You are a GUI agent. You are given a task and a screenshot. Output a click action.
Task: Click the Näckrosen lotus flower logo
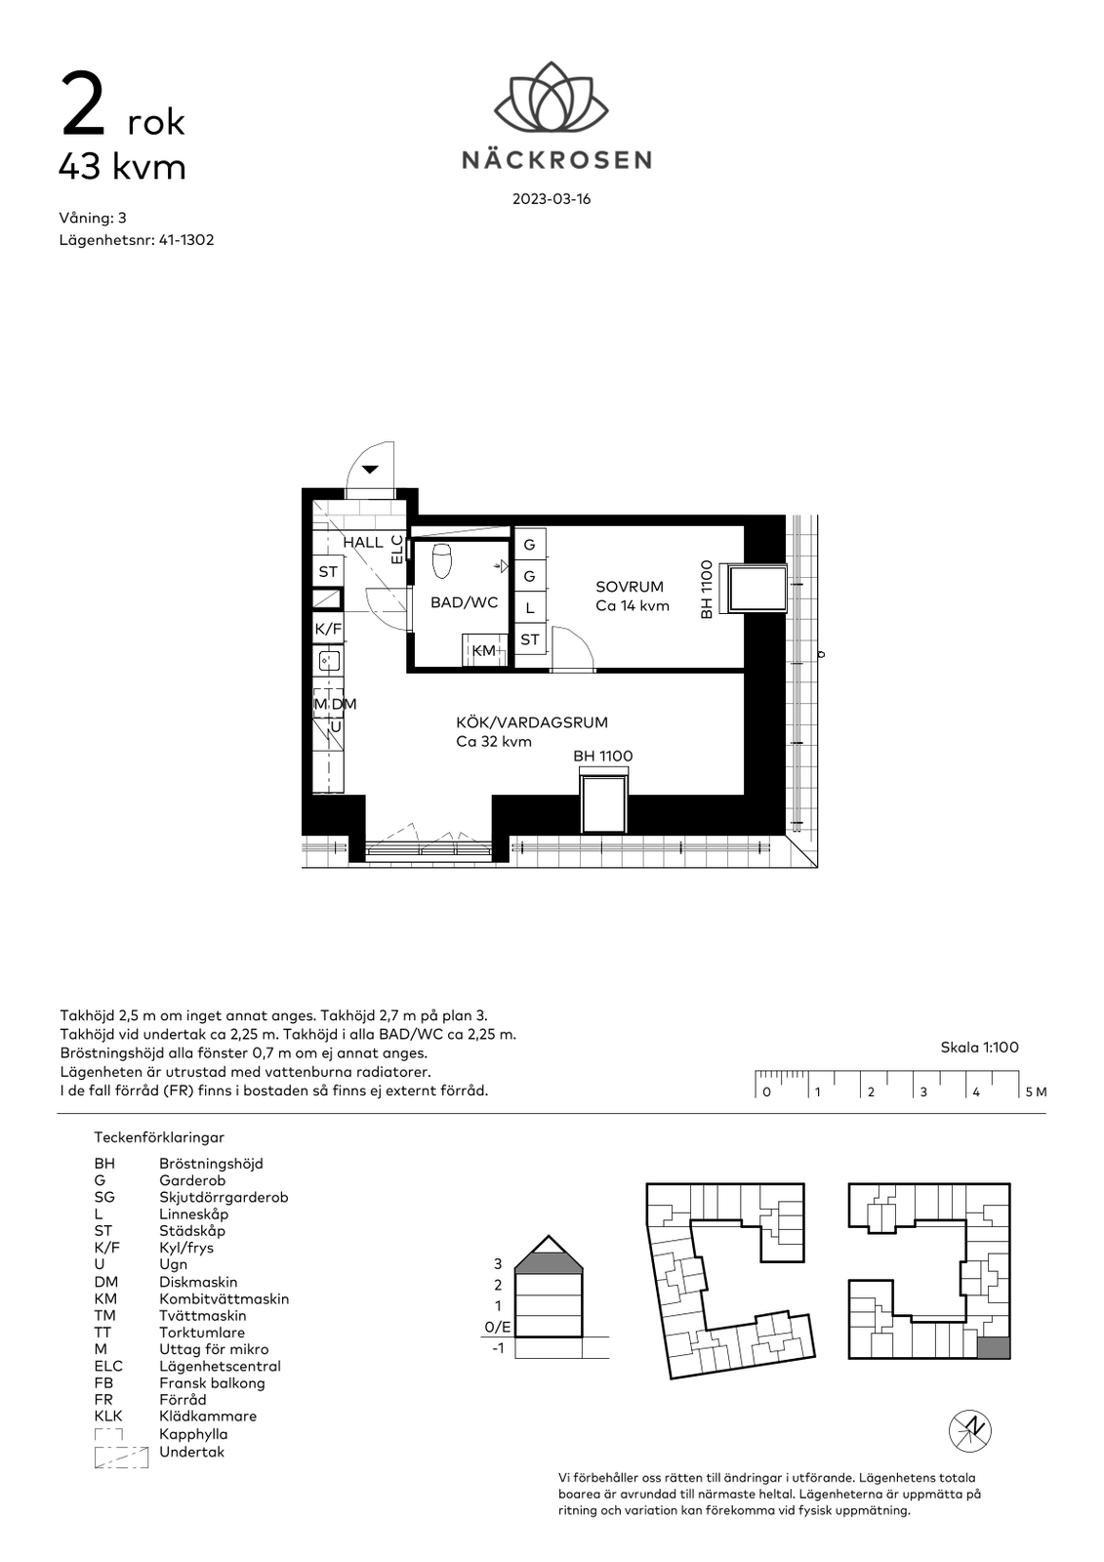click(x=551, y=97)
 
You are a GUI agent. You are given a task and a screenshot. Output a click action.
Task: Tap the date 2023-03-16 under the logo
click(x=552, y=199)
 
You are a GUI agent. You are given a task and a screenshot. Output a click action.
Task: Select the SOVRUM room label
click(x=629, y=587)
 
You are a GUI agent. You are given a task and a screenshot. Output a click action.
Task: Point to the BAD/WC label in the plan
click(x=464, y=602)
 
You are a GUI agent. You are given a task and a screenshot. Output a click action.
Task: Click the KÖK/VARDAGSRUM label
click(x=532, y=722)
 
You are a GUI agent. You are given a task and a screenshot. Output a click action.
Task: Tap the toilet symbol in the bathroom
click(x=442, y=561)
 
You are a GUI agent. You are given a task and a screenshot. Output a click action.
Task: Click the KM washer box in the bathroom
click(x=484, y=650)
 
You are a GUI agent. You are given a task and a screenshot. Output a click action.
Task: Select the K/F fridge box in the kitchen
click(x=328, y=629)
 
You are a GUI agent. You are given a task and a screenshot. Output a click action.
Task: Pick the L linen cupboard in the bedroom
click(x=530, y=608)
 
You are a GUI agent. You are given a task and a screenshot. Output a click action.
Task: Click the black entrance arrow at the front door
click(x=370, y=470)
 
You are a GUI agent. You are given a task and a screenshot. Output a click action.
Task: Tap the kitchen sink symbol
click(x=329, y=660)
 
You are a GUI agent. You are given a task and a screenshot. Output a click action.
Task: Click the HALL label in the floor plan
click(x=363, y=543)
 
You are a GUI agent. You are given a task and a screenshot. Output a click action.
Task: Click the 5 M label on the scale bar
click(x=1036, y=1092)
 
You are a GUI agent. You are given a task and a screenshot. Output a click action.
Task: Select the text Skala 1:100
click(x=979, y=1048)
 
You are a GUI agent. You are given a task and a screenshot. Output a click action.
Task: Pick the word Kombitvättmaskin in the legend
click(x=224, y=1299)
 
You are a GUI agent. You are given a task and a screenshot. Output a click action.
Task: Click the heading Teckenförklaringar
click(x=159, y=1137)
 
